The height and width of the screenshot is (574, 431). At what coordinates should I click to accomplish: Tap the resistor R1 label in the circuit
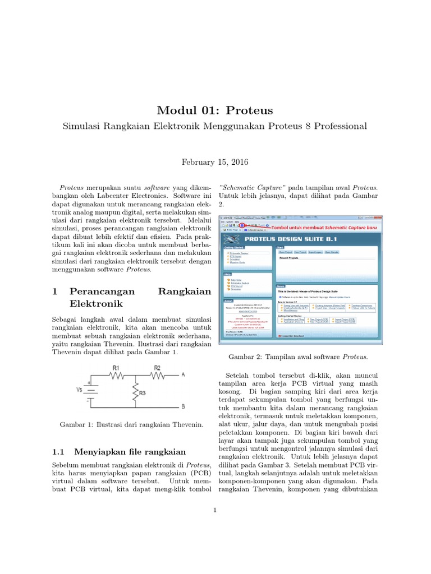(x=116, y=368)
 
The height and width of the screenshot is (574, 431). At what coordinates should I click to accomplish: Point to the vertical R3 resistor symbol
(x=135, y=393)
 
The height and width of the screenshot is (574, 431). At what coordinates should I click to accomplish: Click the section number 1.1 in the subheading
(x=59, y=452)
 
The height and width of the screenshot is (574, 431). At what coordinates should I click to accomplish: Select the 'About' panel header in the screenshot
(x=228, y=300)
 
